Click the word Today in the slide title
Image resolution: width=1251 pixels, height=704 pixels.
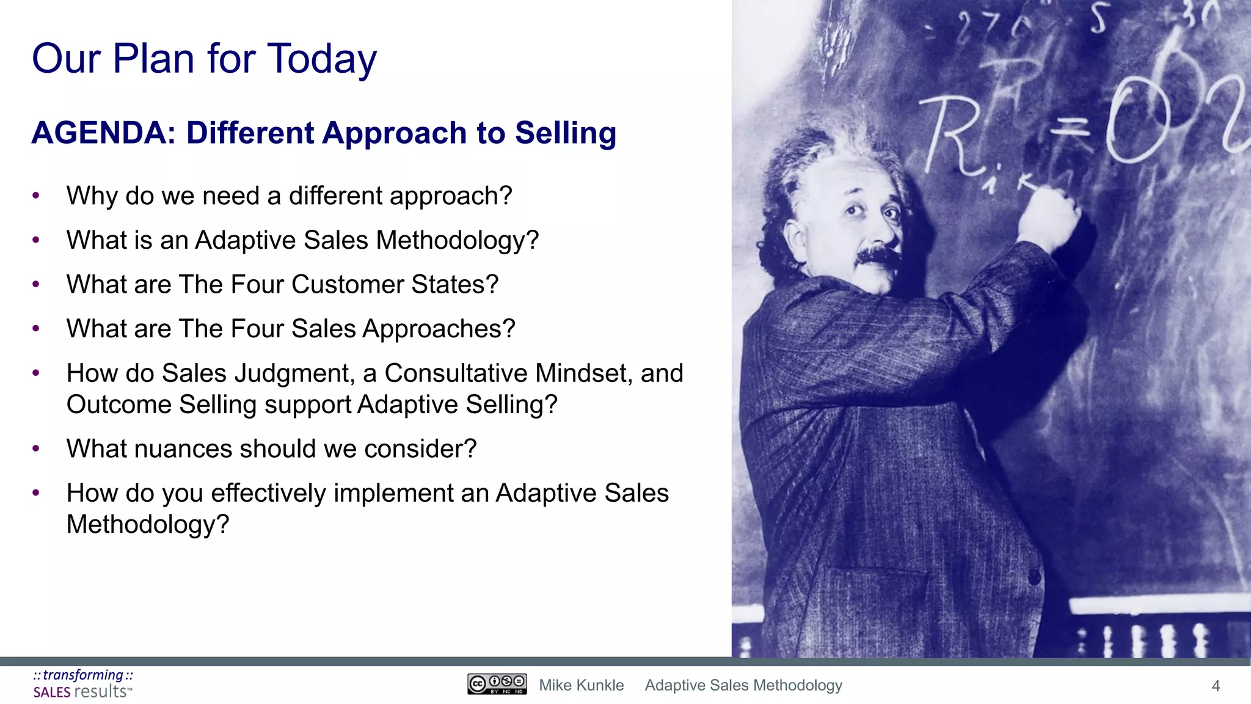click(x=322, y=60)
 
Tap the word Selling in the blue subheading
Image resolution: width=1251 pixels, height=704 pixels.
click(x=565, y=133)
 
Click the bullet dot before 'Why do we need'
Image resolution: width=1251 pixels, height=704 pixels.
click(x=36, y=196)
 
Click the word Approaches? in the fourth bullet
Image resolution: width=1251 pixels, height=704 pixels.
click(x=439, y=329)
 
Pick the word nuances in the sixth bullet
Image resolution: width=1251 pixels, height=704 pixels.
click(x=183, y=449)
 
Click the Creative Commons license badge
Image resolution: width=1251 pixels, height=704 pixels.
click(x=497, y=684)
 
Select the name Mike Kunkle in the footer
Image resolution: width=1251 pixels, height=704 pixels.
click(x=581, y=685)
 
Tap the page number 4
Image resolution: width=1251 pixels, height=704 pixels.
click(x=1215, y=686)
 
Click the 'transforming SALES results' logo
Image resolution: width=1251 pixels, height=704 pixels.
click(x=83, y=684)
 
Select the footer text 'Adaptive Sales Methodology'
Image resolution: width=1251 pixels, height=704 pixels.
click(x=743, y=685)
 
